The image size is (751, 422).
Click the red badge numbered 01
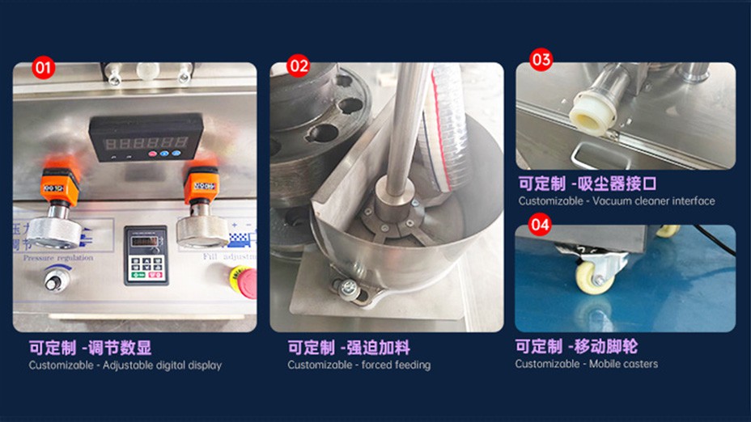(43, 66)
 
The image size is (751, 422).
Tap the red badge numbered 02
(299, 65)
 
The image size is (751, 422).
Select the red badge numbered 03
(541, 59)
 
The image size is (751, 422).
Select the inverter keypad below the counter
(146, 255)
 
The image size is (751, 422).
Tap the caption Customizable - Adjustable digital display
(125, 365)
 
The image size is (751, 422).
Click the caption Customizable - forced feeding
(359, 365)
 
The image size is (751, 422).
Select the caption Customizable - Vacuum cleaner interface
(617, 201)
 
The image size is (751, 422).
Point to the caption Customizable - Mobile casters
(586, 364)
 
